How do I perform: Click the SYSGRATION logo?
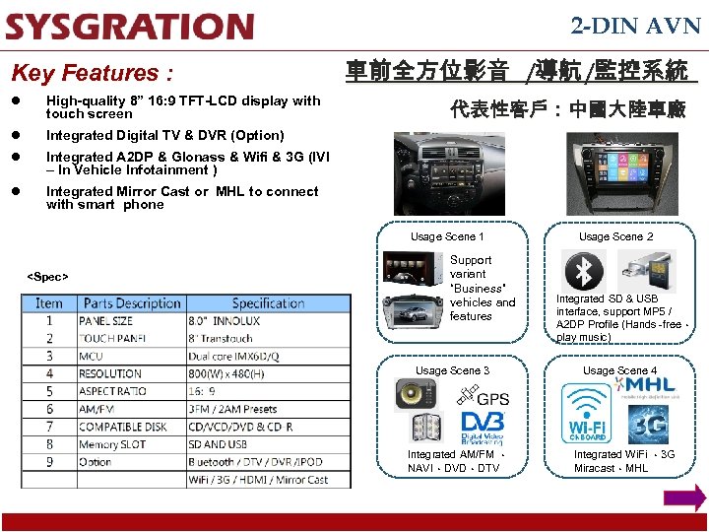click(x=129, y=27)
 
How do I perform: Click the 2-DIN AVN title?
click(x=635, y=27)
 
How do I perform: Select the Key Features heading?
click(x=92, y=73)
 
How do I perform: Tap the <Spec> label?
click(x=47, y=277)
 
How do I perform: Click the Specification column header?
click(x=268, y=303)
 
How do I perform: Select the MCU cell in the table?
click(x=91, y=356)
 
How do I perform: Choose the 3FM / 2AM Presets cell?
click(x=232, y=409)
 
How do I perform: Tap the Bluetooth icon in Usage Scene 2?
click(x=584, y=270)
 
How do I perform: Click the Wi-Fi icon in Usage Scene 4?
click(x=587, y=413)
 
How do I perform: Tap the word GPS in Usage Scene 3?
click(x=493, y=399)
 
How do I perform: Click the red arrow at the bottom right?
click(x=684, y=497)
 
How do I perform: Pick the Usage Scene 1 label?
click(x=447, y=236)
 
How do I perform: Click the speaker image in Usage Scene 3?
click(x=416, y=394)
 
